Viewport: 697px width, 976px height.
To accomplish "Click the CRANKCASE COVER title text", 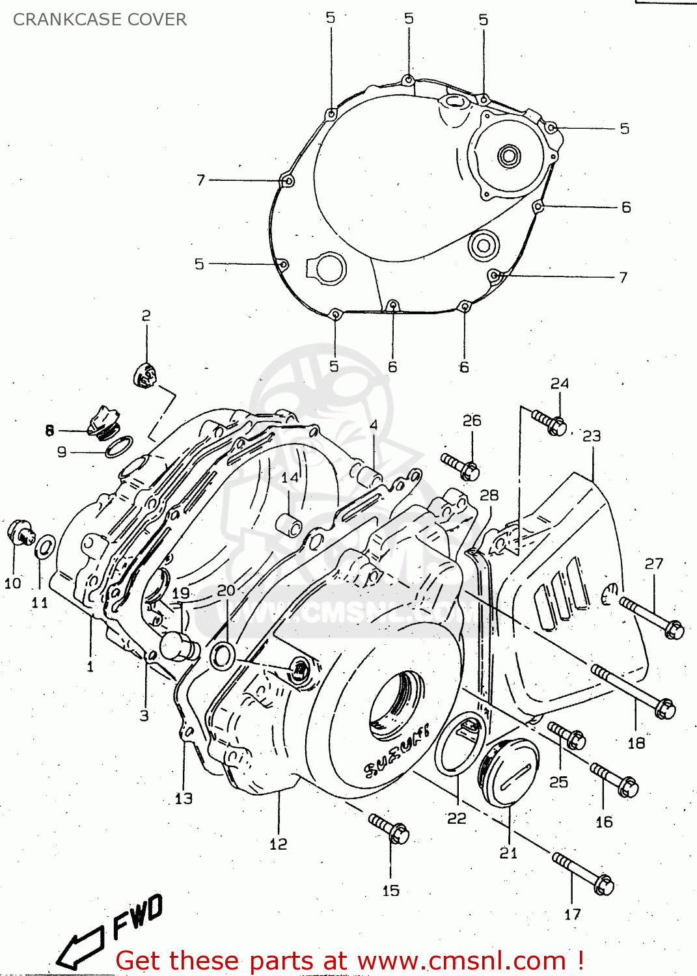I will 100,20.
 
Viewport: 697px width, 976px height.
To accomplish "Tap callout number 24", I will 559,383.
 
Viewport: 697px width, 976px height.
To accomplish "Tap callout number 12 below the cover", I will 278,844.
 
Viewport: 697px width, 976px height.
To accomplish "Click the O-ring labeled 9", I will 120,447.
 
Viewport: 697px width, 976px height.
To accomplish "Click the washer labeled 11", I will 44,546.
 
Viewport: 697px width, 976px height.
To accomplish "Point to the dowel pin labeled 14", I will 290,524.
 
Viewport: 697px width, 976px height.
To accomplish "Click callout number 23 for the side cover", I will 591,436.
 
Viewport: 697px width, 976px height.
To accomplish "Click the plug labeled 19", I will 177,645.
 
